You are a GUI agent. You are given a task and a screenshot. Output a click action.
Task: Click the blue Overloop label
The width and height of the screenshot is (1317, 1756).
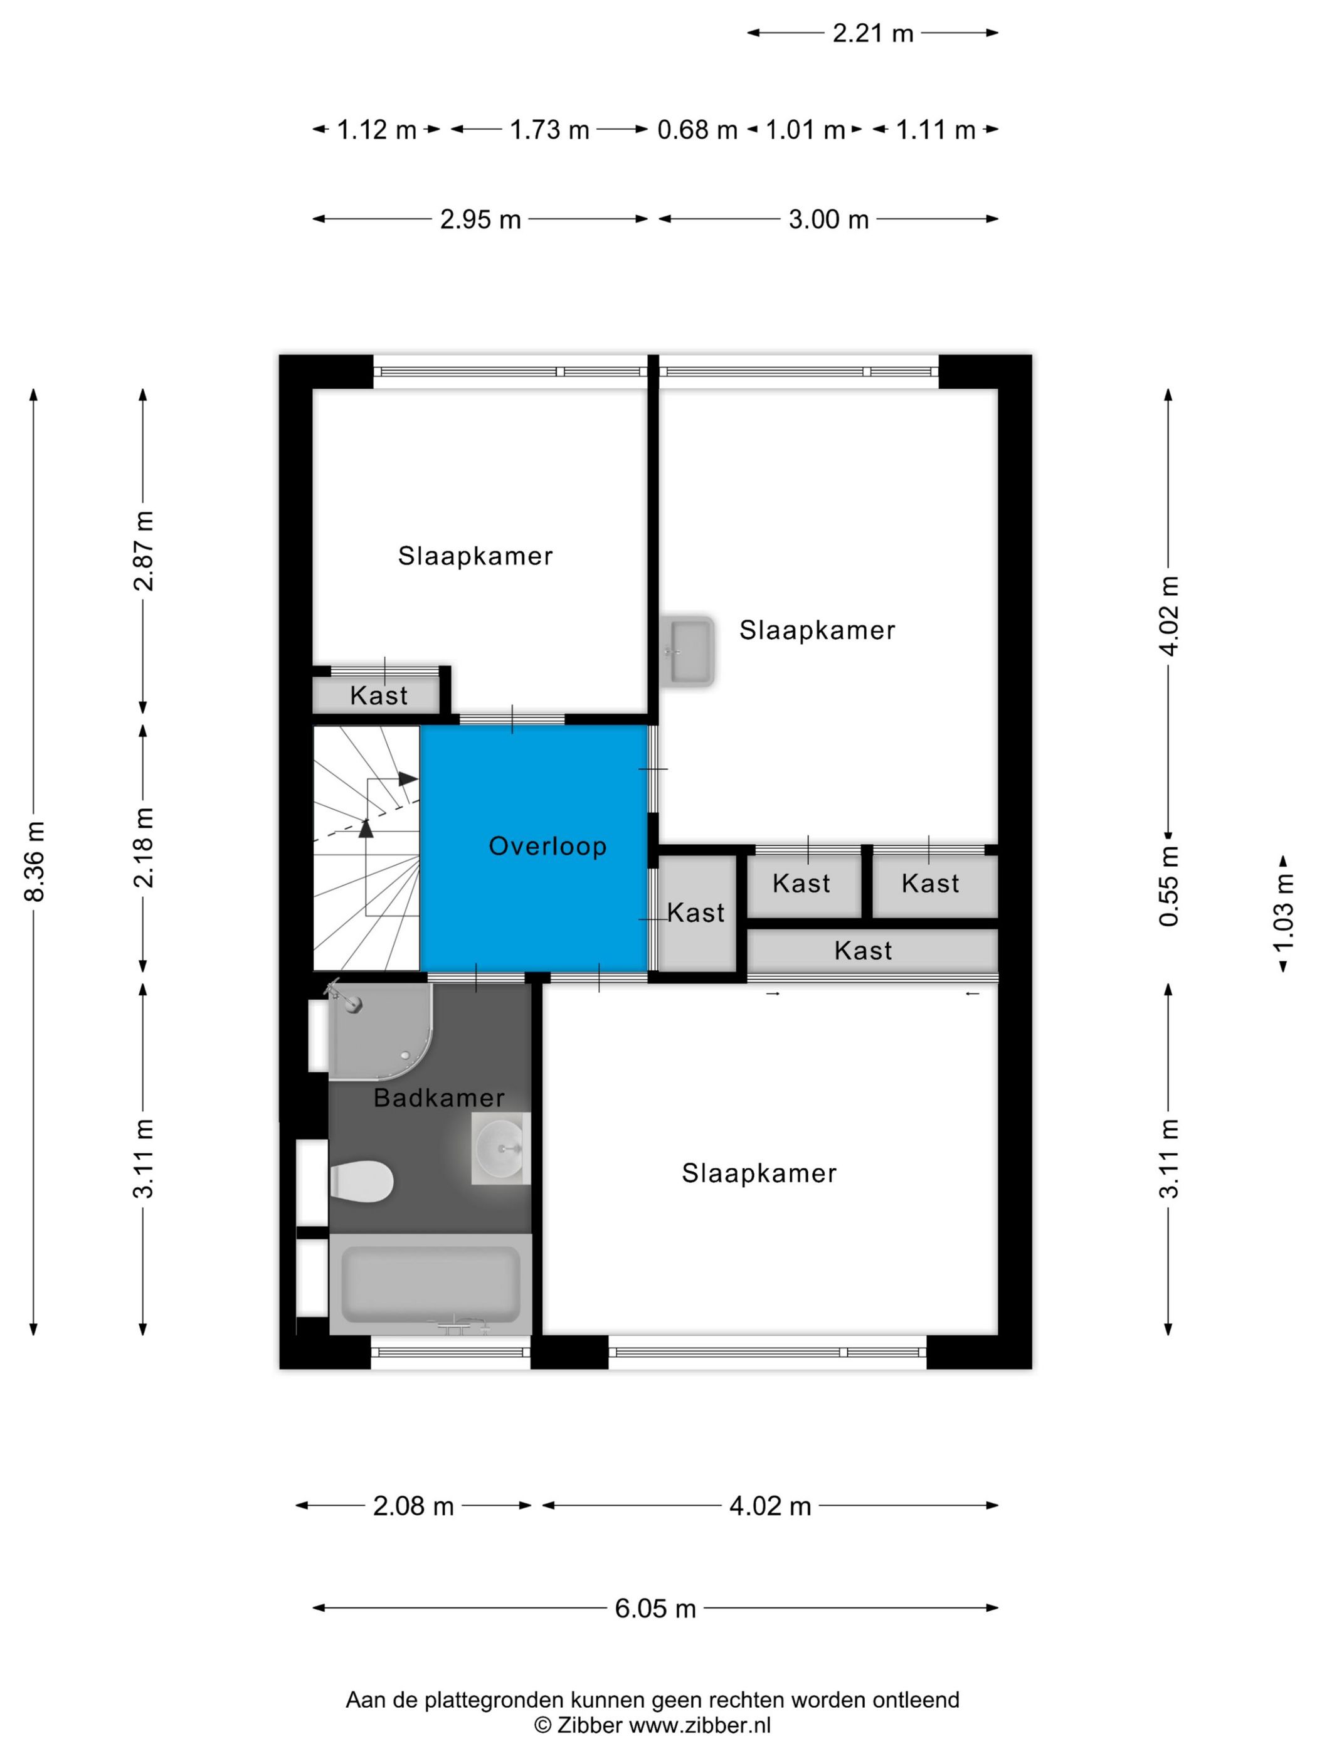pyautogui.click(x=547, y=846)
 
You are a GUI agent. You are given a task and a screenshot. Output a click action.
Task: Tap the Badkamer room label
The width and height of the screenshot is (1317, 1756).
pyautogui.click(x=439, y=1098)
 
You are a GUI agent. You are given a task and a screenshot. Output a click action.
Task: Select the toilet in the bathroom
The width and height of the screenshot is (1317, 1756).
pyautogui.click(x=361, y=1180)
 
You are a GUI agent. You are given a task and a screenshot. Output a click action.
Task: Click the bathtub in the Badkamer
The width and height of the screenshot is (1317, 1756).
pyautogui.click(x=430, y=1283)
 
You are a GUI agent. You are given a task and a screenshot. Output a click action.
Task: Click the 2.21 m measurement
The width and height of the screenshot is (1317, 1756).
pyautogui.click(x=872, y=33)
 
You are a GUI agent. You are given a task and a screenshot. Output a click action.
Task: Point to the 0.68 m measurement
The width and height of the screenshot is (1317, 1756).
pyautogui.click(x=697, y=129)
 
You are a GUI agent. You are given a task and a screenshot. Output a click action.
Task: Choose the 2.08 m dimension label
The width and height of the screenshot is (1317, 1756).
pyautogui.click(x=413, y=1506)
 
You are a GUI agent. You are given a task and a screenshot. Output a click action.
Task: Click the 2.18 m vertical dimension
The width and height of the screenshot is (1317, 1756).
pyautogui.click(x=144, y=847)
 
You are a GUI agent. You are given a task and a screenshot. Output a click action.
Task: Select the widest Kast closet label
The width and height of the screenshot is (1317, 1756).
pyautogui.click(x=863, y=950)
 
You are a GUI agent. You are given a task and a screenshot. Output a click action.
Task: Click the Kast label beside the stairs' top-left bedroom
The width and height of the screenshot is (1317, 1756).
pyautogui.click(x=379, y=696)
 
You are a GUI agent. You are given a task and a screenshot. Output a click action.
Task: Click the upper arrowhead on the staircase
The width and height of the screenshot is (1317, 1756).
pyautogui.click(x=408, y=779)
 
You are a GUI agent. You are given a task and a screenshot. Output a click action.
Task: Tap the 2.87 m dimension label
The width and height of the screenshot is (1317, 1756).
pyautogui.click(x=144, y=551)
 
